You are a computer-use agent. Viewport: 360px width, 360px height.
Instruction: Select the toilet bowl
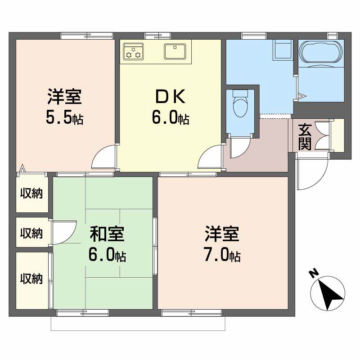coord(239,104)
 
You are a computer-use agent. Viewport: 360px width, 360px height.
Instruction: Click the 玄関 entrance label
coord(305,137)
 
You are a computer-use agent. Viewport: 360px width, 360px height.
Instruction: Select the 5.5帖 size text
coord(64,118)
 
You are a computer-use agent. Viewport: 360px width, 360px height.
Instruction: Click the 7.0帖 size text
coord(222,256)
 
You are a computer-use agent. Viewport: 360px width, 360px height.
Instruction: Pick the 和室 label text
coord(107,234)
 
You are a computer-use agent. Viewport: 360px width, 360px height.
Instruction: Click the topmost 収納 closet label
coord(31,194)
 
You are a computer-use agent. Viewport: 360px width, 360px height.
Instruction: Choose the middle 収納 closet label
coord(31,233)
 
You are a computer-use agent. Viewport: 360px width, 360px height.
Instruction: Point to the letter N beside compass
coord(313,273)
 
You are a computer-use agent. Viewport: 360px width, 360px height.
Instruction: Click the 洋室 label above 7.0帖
coord(222,234)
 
